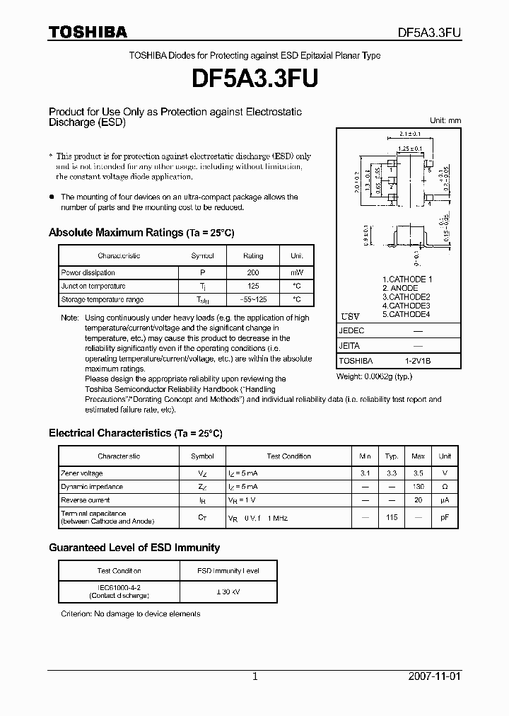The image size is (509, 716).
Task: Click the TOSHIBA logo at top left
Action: pos(88,32)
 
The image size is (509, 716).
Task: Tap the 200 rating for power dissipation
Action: pos(252,272)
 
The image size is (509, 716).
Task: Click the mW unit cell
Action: pos(296,272)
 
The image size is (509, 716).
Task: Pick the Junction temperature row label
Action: pos(93,286)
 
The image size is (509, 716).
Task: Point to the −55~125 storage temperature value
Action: pos(252,299)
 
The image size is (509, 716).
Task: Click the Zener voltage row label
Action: pos(82,473)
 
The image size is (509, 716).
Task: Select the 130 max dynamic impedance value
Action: pos(418,487)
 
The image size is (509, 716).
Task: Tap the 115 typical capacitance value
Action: pos(392,517)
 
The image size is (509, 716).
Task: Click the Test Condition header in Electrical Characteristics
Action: pos(288,456)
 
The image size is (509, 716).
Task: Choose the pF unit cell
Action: pos(445,517)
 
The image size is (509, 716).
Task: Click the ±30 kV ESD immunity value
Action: pos(228,591)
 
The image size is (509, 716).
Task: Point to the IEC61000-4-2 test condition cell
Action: pos(119,591)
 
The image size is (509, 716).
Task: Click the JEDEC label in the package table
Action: pos(352,331)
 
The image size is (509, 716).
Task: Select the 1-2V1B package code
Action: pos(418,361)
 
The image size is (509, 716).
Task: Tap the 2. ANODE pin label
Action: pos(400,288)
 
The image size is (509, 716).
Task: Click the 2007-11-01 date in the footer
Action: pos(434,676)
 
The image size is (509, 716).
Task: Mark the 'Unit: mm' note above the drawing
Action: pos(445,120)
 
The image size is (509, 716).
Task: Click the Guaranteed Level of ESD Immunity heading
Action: pos(134,548)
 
